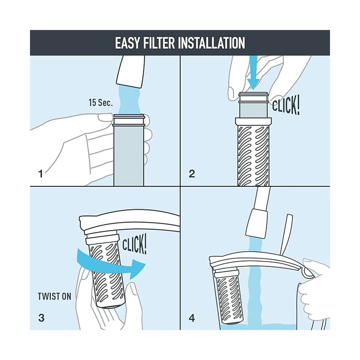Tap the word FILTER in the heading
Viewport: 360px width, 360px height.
coord(159,43)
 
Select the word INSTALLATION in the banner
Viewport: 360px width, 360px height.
coord(211,43)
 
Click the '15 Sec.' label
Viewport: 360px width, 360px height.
coord(101,103)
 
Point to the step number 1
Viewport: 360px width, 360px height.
coord(40,174)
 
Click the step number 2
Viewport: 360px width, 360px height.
coord(192,174)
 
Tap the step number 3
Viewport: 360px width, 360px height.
coord(41,318)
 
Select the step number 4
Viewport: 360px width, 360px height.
coord(192,318)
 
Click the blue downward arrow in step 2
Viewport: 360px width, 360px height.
coord(253,73)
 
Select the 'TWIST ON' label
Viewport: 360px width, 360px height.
coord(54,296)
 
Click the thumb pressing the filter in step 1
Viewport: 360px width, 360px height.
coord(106,117)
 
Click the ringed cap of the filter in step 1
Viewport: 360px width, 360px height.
coord(129,120)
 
